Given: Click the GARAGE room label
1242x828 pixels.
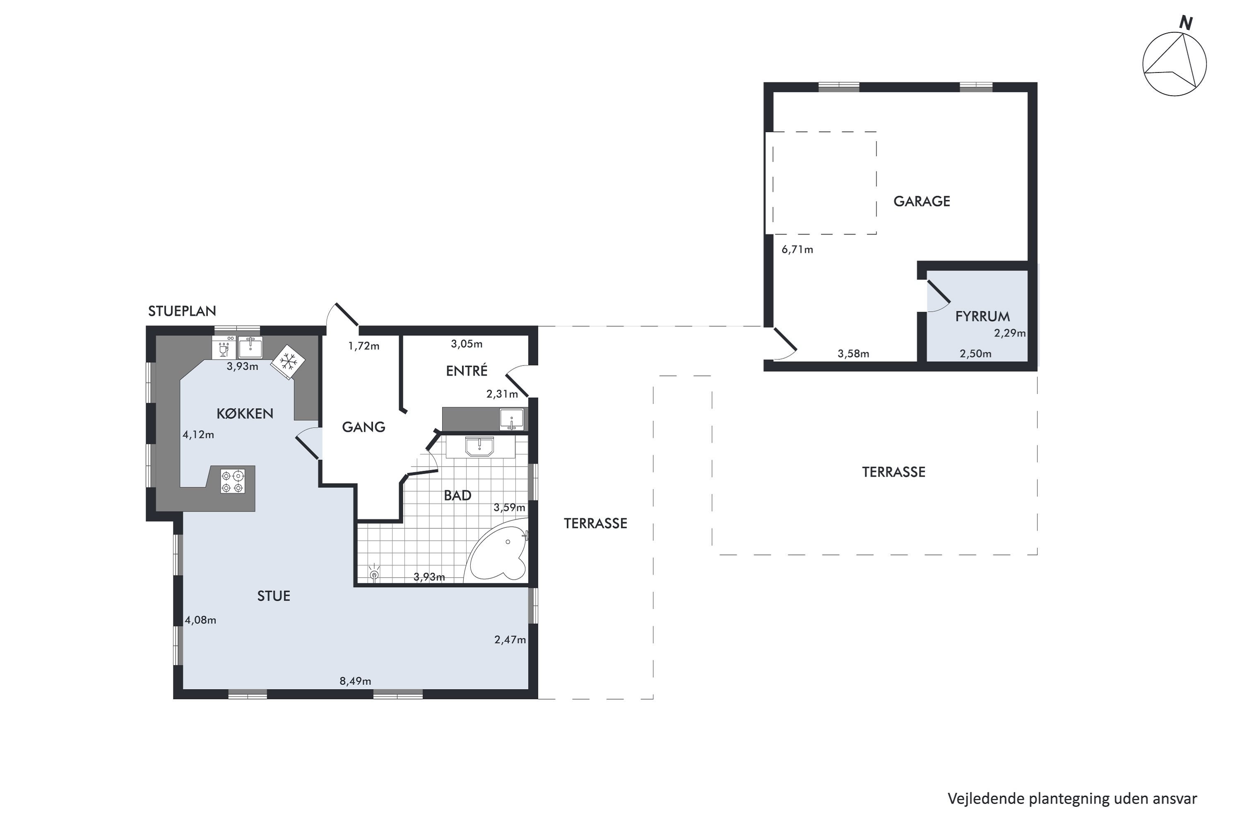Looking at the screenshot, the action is [922, 201].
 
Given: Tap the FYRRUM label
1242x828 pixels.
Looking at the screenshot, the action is [982, 316].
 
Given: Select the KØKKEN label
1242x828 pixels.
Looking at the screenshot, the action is [245, 414].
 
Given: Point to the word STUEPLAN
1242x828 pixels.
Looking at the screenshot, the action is [182, 311].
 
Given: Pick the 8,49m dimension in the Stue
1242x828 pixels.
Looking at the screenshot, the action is [355, 681].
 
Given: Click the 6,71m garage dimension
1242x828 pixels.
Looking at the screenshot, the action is [797, 249].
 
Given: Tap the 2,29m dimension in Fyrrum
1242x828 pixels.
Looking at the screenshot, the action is [1010, 333].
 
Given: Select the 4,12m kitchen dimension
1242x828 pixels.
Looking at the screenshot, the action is [199, 435].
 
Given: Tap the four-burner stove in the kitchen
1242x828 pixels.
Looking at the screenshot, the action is [233, 481].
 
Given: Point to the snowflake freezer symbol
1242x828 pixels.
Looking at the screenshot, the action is [288, 362].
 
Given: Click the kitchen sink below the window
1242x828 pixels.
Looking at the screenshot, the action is [250, 347].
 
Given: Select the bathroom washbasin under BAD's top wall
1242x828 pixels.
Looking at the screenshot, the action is [479, 446].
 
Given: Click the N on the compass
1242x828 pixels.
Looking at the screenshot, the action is [1186, 23].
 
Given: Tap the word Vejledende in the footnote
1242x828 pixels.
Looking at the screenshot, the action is [986, 799].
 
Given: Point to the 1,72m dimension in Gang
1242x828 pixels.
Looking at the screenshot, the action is [364, 347].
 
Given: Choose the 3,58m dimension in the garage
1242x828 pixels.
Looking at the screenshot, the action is [853, 354].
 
